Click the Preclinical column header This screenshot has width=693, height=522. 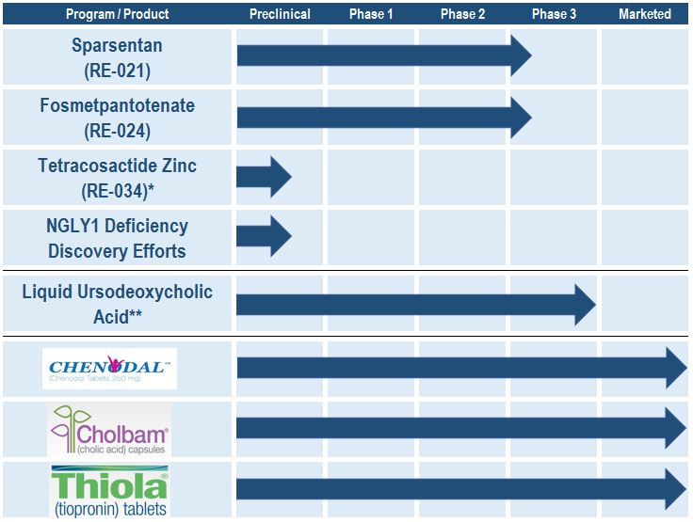coord(280,14)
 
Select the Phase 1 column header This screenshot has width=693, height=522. coord(371,14)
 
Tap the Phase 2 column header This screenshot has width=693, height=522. coord(462,14)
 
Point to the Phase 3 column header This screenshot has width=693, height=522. coord(554,14)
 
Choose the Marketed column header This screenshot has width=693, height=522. coord(645,14)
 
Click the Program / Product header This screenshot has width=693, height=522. coord(117,14)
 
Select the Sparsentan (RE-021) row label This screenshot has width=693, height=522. coord(117,57)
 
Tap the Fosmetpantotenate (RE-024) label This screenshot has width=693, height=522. coord(117,118)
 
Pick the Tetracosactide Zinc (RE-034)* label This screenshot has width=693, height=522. coord(117,178)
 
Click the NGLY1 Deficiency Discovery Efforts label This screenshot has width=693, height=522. coord(117,238)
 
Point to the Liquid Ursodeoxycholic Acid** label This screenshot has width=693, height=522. coord(117,304)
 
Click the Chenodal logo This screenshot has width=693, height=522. coord(109,369)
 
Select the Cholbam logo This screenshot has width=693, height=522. coord(109,430)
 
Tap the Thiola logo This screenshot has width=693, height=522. coord(109,489)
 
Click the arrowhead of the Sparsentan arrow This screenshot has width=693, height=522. coord(521,55)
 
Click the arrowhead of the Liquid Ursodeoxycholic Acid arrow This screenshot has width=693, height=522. coord(585,304)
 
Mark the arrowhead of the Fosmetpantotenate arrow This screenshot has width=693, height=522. coord(521,116)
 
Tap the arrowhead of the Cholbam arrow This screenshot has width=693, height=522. coord(676,428)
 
